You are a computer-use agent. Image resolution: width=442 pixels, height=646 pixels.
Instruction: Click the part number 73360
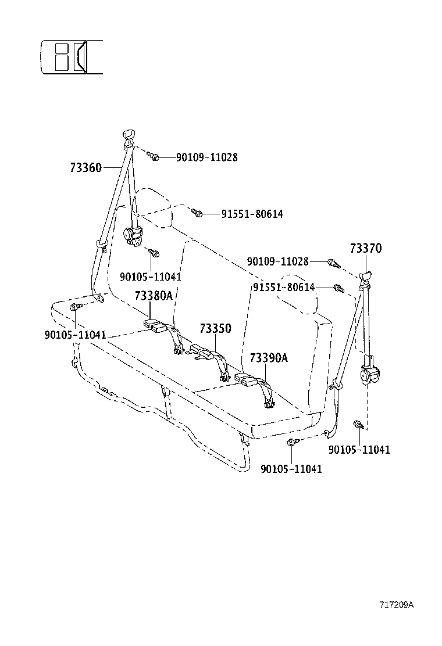click(x=85, y=168)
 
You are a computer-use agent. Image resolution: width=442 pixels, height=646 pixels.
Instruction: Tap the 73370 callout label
click(x=365, y=248)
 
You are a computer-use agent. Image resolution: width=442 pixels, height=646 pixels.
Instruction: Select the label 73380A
click(x=154, y=296)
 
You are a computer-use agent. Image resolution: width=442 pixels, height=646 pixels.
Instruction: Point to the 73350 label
click(x=215, y=329)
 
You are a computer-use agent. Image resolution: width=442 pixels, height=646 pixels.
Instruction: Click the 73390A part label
click(x=269, y=358)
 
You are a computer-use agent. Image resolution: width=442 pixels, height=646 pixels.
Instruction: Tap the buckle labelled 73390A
click(x=248, y=381)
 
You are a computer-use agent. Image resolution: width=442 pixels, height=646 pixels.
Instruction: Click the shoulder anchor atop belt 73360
click(x=129, y=137)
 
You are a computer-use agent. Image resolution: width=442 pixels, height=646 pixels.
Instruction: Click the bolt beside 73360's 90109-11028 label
click(x=153, y=156)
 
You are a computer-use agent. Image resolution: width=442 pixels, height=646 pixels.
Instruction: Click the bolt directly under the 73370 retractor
click(x=358, y=426)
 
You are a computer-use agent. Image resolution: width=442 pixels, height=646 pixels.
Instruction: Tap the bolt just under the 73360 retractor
click(x=154, y=253)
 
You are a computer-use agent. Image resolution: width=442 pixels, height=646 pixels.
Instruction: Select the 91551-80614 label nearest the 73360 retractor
click(x=252, y=214)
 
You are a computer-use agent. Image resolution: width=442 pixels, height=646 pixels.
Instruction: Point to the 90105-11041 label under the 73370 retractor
click(x=359, y=450)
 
